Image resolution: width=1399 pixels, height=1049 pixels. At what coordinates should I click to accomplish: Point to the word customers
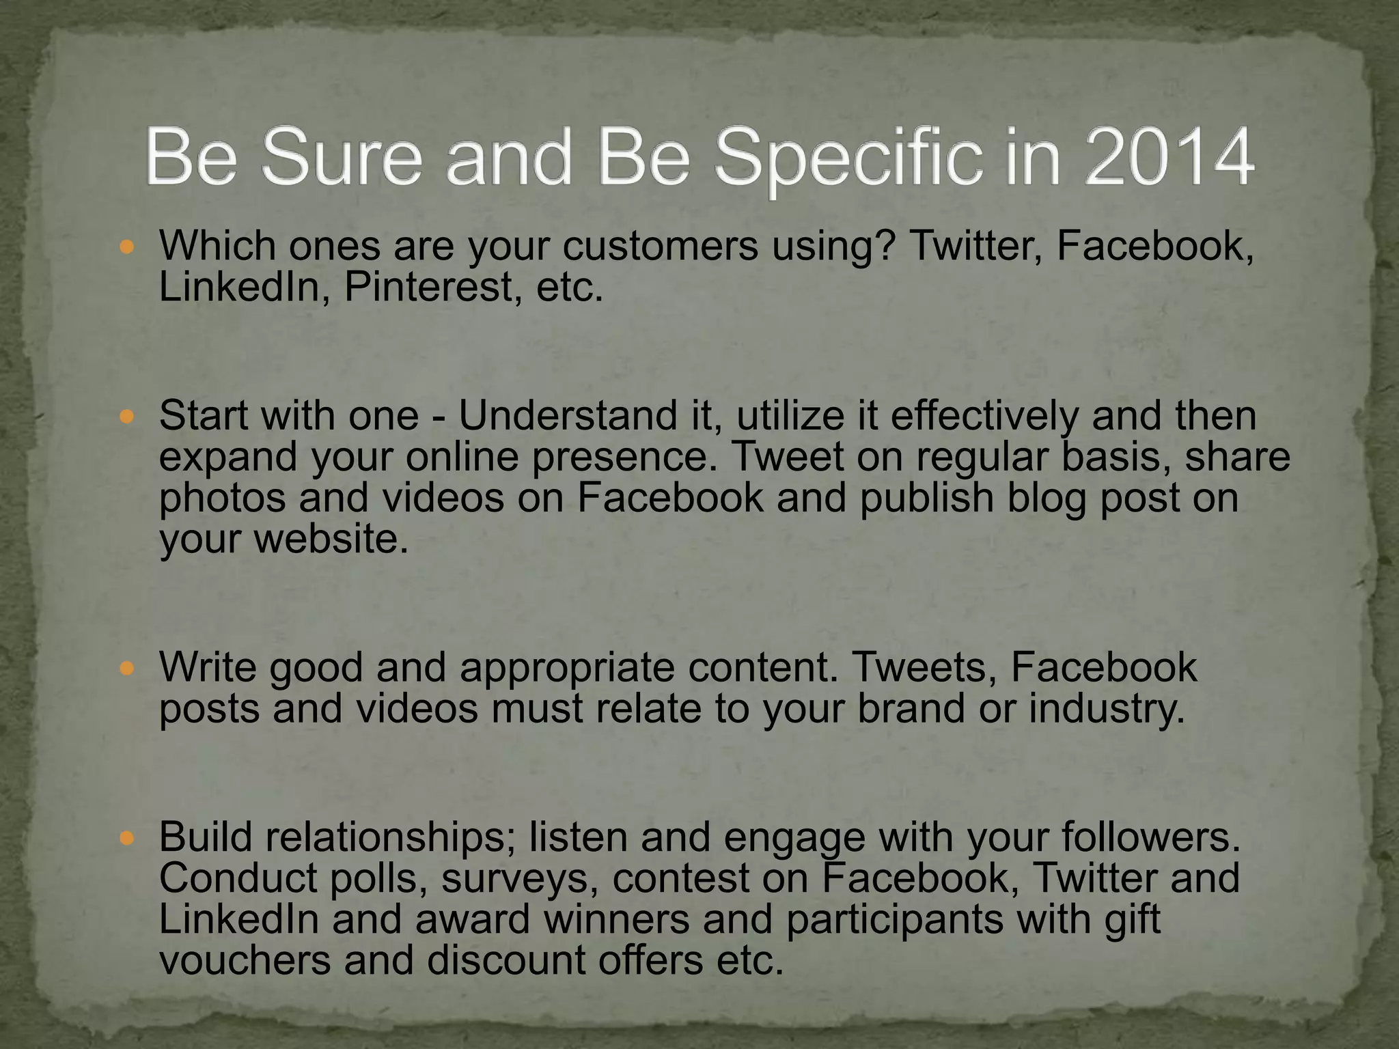click(660, 246)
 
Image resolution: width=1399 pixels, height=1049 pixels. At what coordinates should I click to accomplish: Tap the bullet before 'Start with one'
click(127, 416)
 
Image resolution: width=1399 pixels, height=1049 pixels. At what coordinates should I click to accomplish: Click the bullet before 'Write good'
click(127, 667)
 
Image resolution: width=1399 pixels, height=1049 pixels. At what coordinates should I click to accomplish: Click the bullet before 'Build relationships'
click(127, 837)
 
